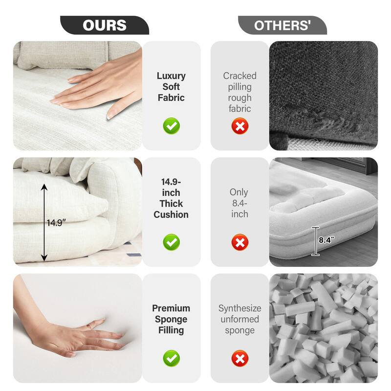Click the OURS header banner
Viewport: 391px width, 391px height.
(x=104, y=25)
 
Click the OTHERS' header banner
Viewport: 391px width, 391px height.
(x=282, y=25)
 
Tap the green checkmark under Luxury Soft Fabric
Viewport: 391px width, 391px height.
(x=171, y=126)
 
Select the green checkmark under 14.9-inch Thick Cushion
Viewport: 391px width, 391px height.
(x=171, y=242)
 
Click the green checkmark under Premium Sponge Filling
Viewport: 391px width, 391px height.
(x=171, y=359)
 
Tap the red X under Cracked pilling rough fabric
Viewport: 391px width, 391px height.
(x=239, y=126)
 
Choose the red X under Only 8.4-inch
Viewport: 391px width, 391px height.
(x=239, y=242)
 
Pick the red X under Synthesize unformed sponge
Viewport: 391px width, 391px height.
(x=239, y=359)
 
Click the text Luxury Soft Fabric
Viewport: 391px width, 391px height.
(x=171, y=87)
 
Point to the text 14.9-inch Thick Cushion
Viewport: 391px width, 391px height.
(x=171, y=198)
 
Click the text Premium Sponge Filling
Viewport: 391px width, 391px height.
(x=171, y=319)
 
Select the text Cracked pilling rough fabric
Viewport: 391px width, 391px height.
(x=239, y=92)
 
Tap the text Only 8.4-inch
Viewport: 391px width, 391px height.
(x=239, y=203)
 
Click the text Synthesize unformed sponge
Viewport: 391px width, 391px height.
(x=239, y=319)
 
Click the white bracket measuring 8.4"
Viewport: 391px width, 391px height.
(x=316, y=241)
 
